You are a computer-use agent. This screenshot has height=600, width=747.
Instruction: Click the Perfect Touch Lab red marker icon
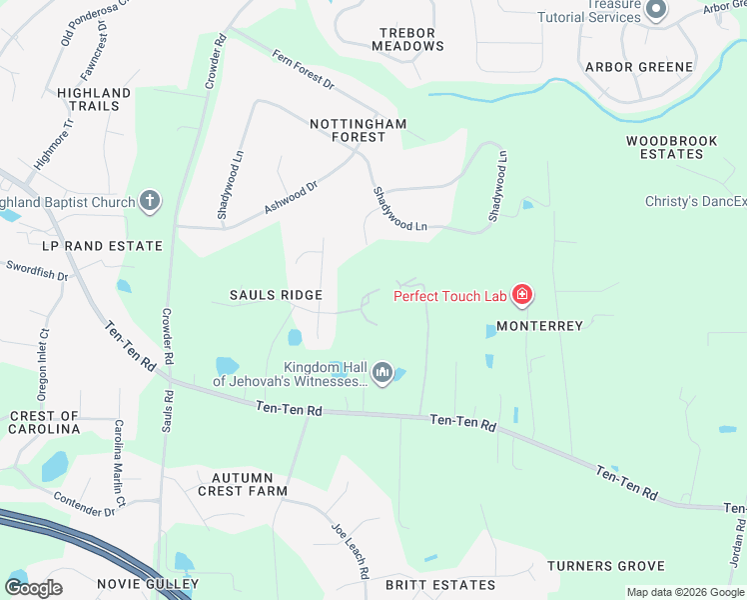coord(521,295)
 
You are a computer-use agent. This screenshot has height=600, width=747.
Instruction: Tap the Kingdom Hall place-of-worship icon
coord(381,374)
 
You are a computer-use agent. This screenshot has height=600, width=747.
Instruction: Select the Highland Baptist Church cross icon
coord(150,202)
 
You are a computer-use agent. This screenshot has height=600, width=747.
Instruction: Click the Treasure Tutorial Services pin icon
coord(656,11)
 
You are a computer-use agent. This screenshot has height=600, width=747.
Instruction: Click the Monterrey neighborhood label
coord(539,327)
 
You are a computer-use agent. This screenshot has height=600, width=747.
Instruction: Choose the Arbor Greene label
coord(639,67)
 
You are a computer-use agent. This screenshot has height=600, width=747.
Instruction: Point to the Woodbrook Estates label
coord(672,148)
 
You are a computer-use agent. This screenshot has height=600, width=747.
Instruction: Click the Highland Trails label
coord(94,100)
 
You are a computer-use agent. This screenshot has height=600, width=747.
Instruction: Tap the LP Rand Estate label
coord(102,246)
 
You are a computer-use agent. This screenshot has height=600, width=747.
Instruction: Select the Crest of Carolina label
coord(44,422)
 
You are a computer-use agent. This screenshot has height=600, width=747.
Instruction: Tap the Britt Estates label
coord(440,585)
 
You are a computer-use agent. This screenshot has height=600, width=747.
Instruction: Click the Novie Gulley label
coord(148,584)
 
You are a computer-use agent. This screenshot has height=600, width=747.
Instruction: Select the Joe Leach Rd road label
coord(352,551)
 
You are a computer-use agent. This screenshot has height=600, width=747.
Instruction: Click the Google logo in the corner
coord(34,588)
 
